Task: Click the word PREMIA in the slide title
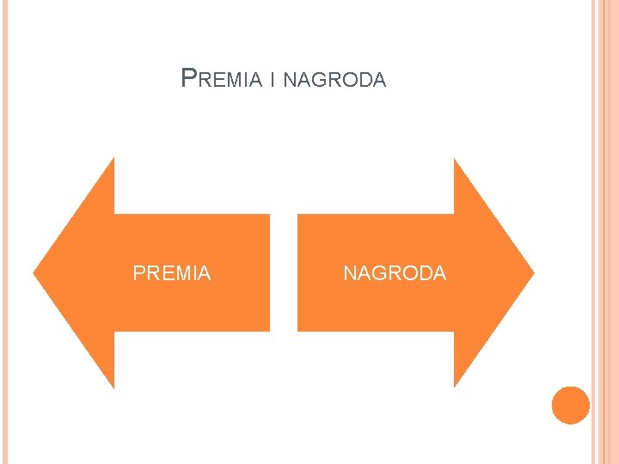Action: [222, 80]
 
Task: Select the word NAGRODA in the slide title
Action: [334, 81]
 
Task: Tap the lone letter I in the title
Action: [272, 81]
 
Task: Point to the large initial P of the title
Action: [189, 78]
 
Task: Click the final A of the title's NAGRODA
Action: [380, 81]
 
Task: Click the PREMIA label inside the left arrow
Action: [172, 273]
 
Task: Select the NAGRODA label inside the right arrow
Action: [395, 273]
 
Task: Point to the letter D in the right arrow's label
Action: [424, 273]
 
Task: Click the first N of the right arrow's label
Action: [350, 273]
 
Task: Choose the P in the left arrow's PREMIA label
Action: [138, 273]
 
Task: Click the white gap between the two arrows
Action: [284, 273]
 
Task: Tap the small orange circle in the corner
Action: [570, 405]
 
